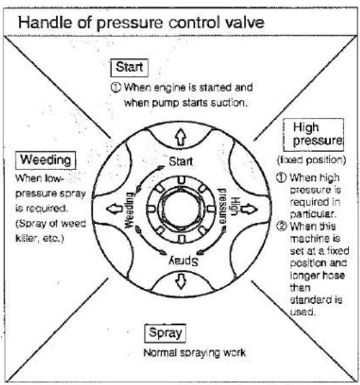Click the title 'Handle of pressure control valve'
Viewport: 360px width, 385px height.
click(x=141, y=23)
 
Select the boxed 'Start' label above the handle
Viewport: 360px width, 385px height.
click(x=129, y=68)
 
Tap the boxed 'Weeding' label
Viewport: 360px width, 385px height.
click(x=46, y=160)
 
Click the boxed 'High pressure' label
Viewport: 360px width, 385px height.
click(x=314, y=135)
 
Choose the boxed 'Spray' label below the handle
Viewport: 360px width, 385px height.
click(x=165, y=333)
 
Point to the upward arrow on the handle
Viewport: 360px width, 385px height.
click(x=181, y=136)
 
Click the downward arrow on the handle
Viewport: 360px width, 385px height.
click(x=181, y=281)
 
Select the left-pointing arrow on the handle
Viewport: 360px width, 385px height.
click(x=115, y=209)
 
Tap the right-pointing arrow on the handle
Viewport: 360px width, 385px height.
click(x=249, y=209)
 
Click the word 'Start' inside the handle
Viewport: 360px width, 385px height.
click(x=181, y=162)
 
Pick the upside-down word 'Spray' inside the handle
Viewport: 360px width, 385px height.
click(x=184, y=261)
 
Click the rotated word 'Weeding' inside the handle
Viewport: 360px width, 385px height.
click(x=130, y=210)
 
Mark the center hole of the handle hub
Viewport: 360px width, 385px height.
click(x=181, y=209)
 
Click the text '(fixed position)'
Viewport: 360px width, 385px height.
click(x=312, y=160)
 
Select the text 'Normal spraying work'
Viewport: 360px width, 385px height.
click(x=194, y=353)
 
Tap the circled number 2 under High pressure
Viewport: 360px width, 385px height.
click(x=281, y=226)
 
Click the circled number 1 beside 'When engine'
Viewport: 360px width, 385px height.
click(x=116, y=88)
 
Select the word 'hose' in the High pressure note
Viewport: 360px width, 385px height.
click(x=334, y=275)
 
